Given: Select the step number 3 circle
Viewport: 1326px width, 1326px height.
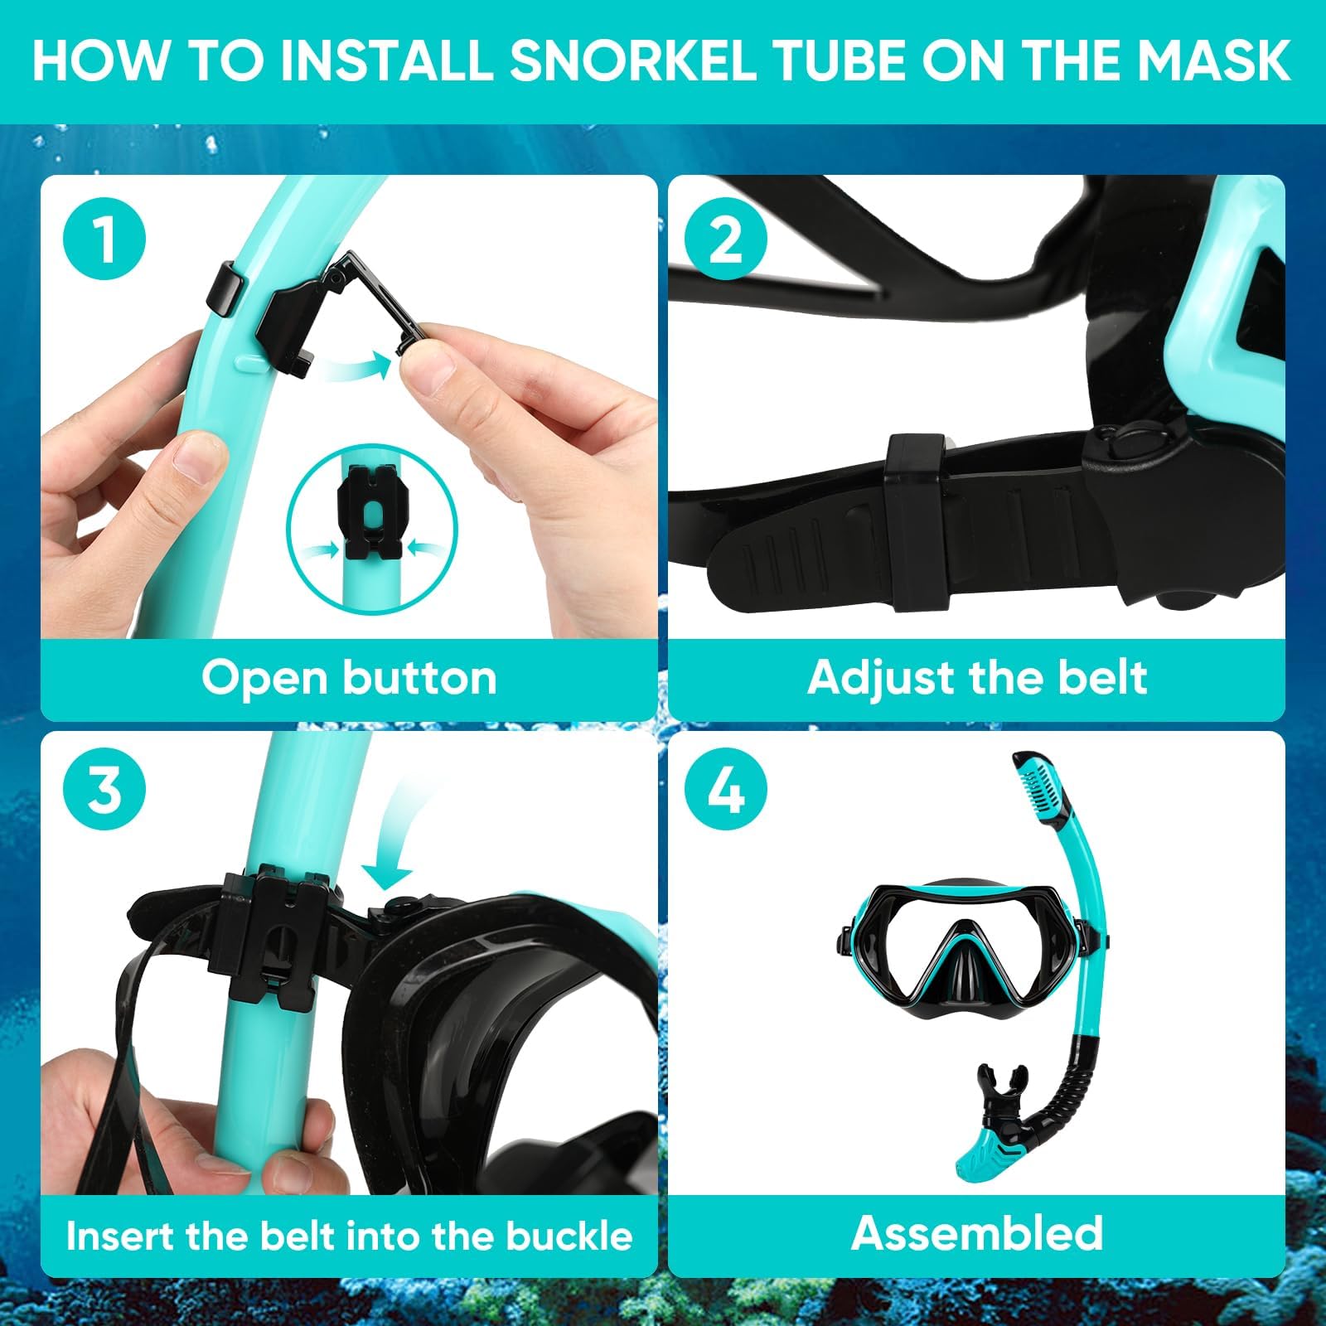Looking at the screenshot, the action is pos(104,789).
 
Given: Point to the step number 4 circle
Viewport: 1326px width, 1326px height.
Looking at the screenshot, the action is pos(726,789).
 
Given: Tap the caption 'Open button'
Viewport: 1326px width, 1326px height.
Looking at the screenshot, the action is pos(349,678).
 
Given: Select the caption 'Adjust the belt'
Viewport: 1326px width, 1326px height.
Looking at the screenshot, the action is pos(977,678).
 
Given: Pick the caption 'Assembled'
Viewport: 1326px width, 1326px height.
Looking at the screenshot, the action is pos(977,1233).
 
